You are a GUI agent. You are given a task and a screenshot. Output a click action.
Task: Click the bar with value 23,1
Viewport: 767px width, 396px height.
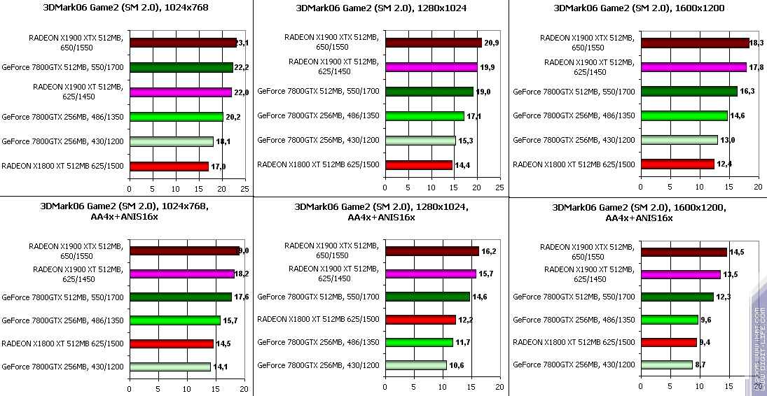(x=182, y=43)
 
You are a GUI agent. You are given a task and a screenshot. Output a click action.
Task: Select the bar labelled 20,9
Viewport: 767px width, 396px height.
(x=433, y=43)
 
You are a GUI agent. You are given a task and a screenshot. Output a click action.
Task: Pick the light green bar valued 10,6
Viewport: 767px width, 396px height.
(x=415, y=365)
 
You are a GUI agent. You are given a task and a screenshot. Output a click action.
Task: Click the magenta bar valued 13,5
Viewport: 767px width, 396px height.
(x=679, y=274)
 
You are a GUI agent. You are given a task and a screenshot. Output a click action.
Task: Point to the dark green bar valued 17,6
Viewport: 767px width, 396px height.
(x=180, y=297)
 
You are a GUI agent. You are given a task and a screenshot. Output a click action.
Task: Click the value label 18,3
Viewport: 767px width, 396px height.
(x=756, y=43)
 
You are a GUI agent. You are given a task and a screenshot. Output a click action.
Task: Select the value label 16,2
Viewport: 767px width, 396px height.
(x=489, y=251)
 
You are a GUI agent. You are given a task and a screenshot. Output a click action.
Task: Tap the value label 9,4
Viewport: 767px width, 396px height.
(x=707, y=343)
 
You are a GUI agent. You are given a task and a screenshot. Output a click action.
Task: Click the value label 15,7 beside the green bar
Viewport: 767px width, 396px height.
(x=230, y=320)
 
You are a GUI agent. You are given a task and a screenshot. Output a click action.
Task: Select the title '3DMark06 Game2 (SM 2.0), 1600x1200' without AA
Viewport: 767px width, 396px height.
(x=638, y=8)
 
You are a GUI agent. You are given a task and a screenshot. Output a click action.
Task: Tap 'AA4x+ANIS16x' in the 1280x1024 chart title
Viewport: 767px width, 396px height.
(x=381, y=218)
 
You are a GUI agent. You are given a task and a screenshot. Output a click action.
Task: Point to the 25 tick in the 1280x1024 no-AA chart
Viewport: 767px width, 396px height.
(x=499, y=188)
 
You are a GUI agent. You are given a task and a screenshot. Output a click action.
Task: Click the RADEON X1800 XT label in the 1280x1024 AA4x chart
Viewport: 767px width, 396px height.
(x=318, y=320)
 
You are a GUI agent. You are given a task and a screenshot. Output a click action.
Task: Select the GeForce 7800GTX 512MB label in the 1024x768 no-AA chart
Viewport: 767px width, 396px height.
(x=63, y=67)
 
